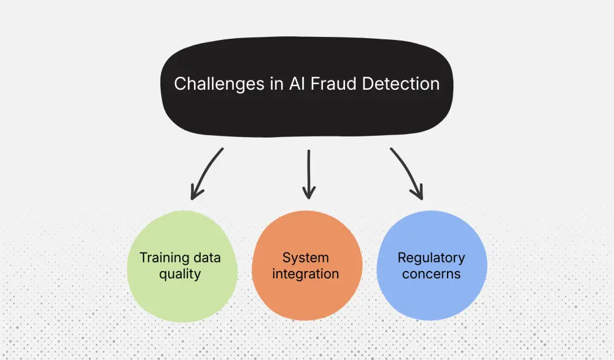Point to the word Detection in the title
[x=401, y=84]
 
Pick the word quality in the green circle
[x=180, y=274]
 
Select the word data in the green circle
[x=208, y=257]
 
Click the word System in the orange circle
[x=306, y=257]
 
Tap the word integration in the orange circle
[x=306, y=274]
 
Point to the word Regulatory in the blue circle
[x=431, y=257]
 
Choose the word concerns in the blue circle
[x=431, y=274]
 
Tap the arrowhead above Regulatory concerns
[x=418, y=194]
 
